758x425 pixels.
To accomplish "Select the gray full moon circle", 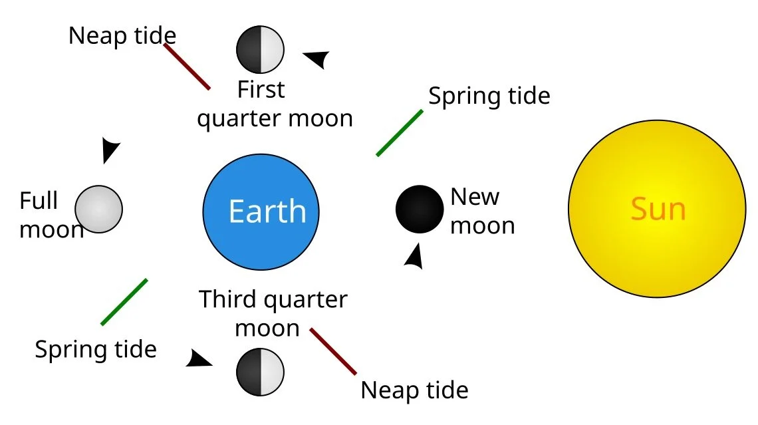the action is click(98, 209).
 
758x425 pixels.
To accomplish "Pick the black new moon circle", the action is click(420, 209).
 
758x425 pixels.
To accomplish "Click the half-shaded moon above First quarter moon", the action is click(260, 49).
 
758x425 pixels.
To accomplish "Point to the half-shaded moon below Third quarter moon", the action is click(260, 371).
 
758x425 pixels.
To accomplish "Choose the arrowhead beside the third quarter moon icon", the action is click(198, 359).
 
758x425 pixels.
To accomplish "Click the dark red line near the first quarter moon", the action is click(187, 67).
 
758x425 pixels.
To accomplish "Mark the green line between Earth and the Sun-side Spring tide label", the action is click(400, 132).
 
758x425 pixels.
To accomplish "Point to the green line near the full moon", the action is click(124, 301).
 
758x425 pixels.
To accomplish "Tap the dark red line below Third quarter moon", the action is click(333, 351).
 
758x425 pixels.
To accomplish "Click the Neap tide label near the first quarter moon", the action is click(122, 35).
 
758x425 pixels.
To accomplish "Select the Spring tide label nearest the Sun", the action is click(489, 96).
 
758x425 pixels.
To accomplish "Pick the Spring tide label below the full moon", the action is click(96, 349).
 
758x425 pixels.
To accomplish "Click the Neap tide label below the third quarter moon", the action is click(414, 390).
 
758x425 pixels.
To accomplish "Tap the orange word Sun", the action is click(658, 210).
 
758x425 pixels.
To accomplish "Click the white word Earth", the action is click(267, 212).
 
